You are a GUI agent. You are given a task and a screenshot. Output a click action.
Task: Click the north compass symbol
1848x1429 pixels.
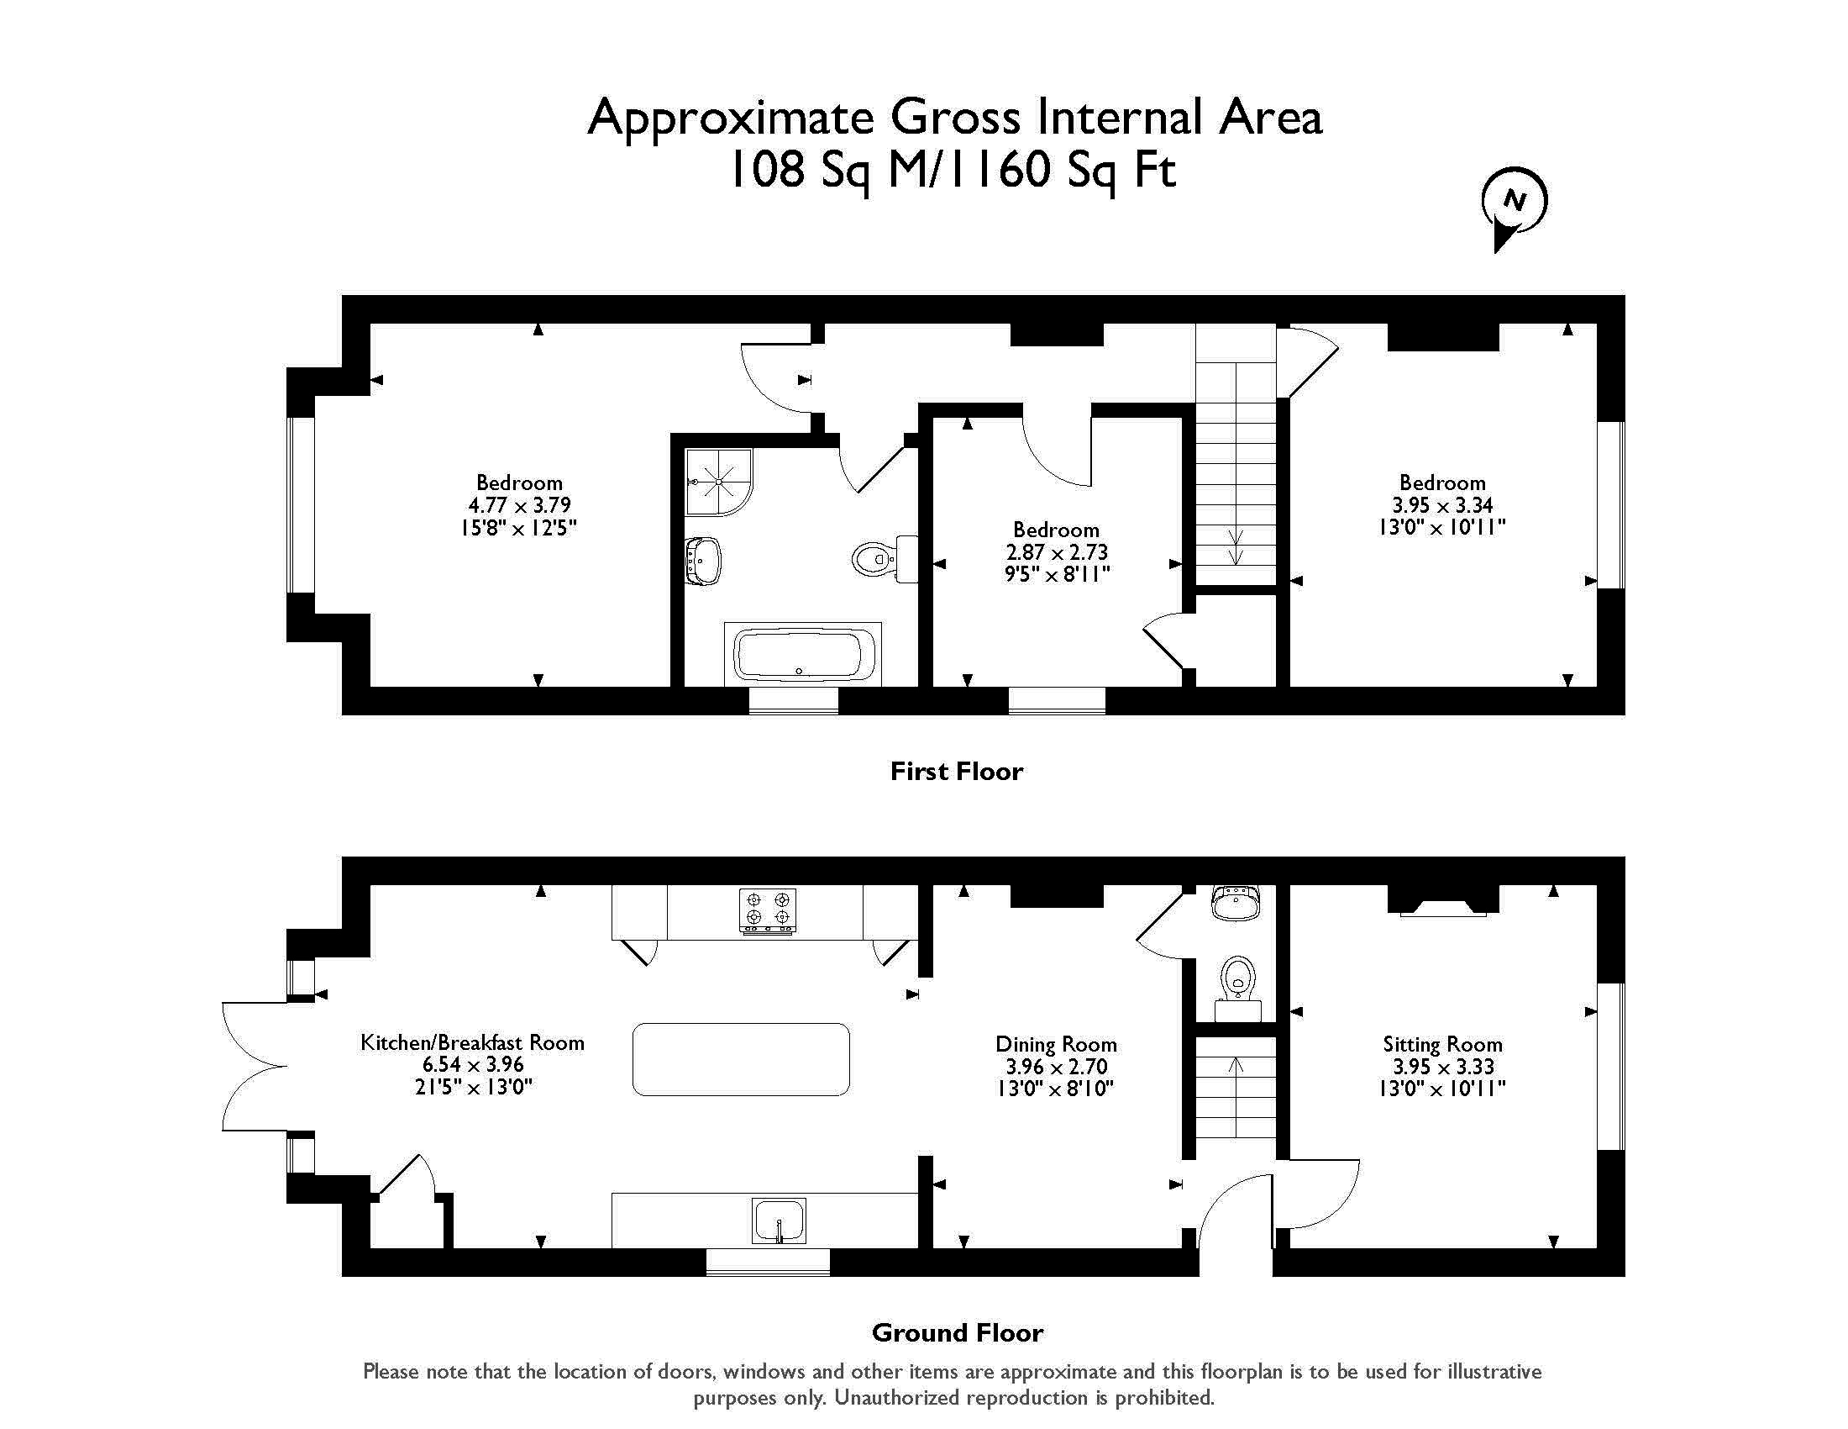pyautogui.click(x=1514, y=207)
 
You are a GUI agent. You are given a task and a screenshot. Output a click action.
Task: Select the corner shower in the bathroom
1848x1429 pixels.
pyautogui.click(x=718, y=481)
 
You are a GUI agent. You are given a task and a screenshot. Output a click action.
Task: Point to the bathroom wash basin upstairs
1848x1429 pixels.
pyautogui.click(x=702, y=561)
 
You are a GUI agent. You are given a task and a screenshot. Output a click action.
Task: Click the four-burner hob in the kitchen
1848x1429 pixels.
pyautogui.click(x=768, y=911)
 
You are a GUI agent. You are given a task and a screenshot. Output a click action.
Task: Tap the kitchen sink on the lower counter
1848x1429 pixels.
pyautogui.click(x=779, y=1221)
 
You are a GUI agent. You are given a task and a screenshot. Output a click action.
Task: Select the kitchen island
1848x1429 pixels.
pyautogui.click(x=741, y=1059)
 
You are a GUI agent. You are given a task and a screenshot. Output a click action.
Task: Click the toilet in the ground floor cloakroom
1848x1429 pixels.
pyautogui.click(x=1238, y=988)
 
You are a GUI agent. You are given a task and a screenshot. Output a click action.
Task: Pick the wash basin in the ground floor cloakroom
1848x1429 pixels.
pyautogui.click(x=1236, y=903)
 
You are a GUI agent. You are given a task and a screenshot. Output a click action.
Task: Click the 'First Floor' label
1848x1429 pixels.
pyautogui.click(x=957, y=771)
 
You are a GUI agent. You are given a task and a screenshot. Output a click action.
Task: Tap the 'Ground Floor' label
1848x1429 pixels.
pyautogui.click(x=957, y=1333)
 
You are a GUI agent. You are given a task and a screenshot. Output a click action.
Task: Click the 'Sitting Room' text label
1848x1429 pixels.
pyautogui.click(x=1442, y=1045)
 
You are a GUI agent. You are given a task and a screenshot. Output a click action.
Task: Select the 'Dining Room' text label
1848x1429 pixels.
pyautogui.click(x=1056, y=1045)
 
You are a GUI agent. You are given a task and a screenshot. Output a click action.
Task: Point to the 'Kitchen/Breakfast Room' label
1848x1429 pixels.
pyautogui.click(x=472, y=1042)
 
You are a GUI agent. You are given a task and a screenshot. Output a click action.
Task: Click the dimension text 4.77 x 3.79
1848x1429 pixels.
pyautogui.click(x=519, y=505)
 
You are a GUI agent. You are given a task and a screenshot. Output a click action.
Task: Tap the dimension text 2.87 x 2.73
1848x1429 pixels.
pyautogui.click(x=1057, y=552)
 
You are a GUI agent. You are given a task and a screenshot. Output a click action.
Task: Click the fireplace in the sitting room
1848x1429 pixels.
pyautogui.click(x=1442, y=901)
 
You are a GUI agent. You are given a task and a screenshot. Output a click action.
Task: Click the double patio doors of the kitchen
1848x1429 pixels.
pyautogui.click(x=254, y=1067)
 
